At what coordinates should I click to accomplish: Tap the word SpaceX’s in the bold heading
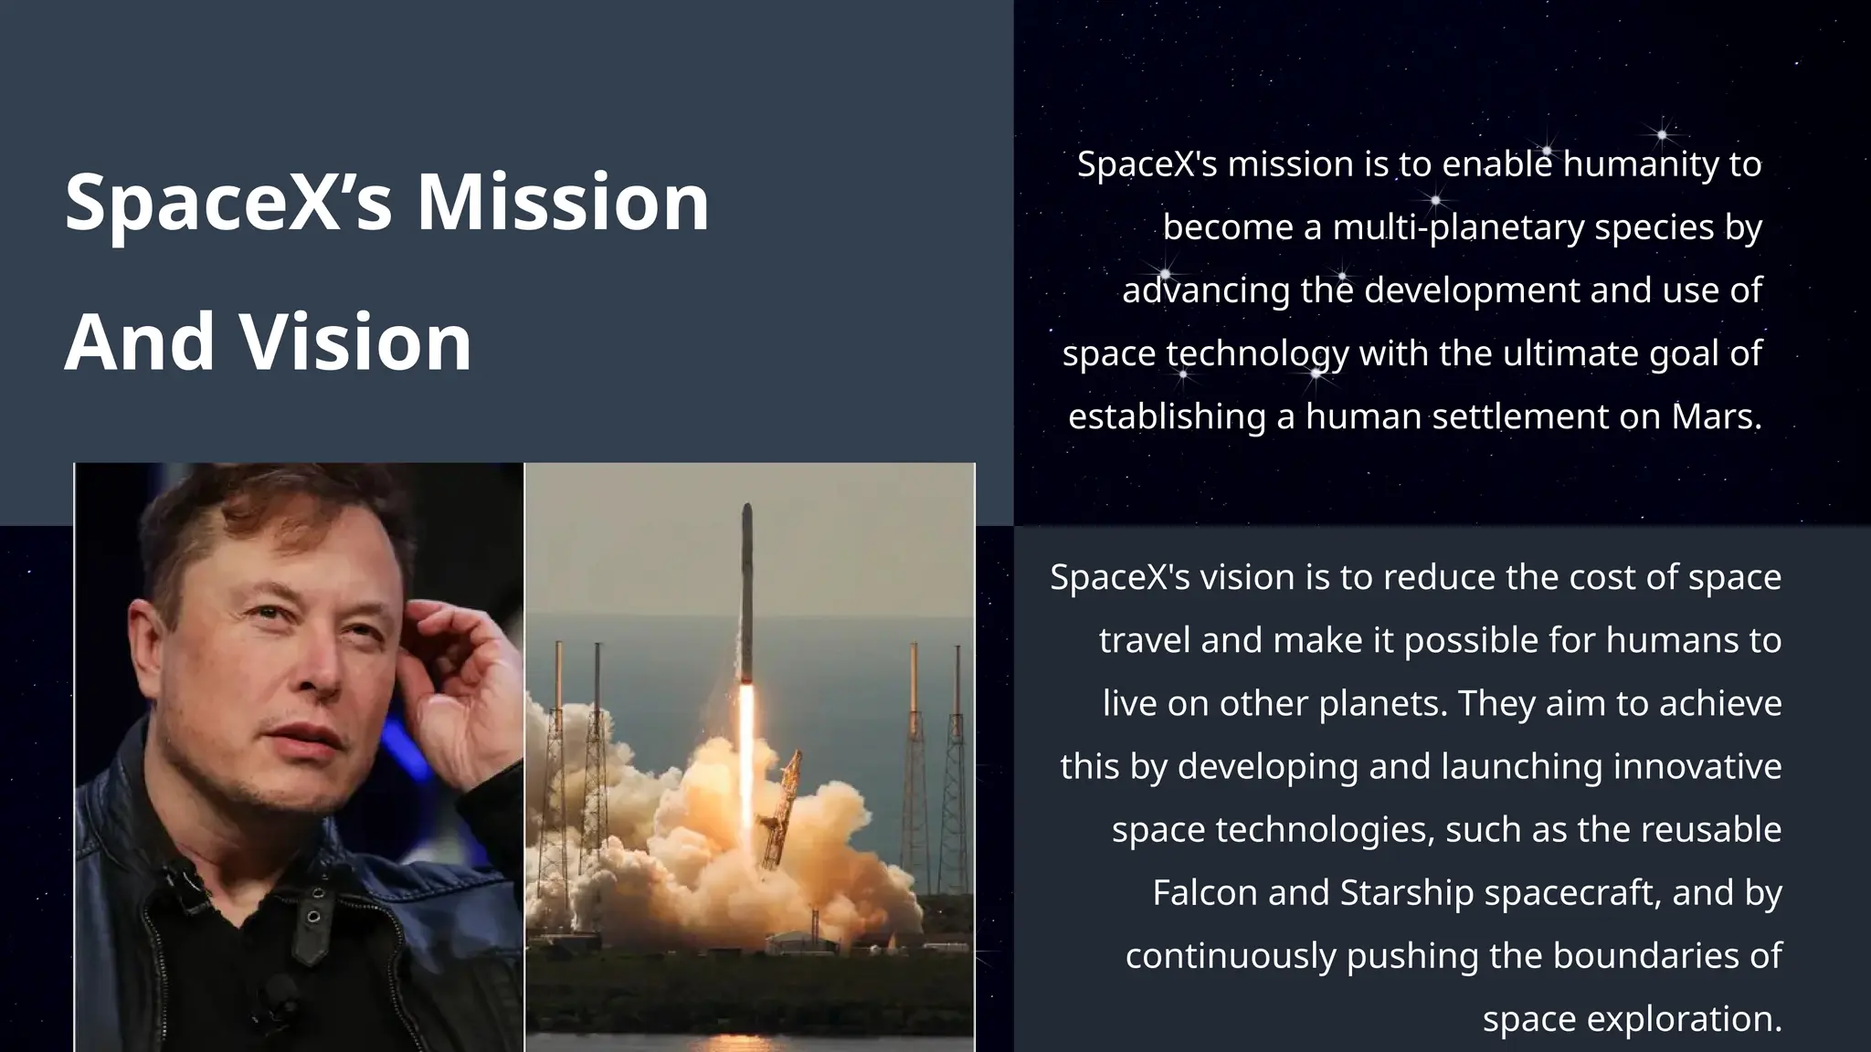point(228,202)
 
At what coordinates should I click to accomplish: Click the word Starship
point(1407,892)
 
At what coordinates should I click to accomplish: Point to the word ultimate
point(1570,353)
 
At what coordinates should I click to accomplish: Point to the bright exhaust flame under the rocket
point(746,758)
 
